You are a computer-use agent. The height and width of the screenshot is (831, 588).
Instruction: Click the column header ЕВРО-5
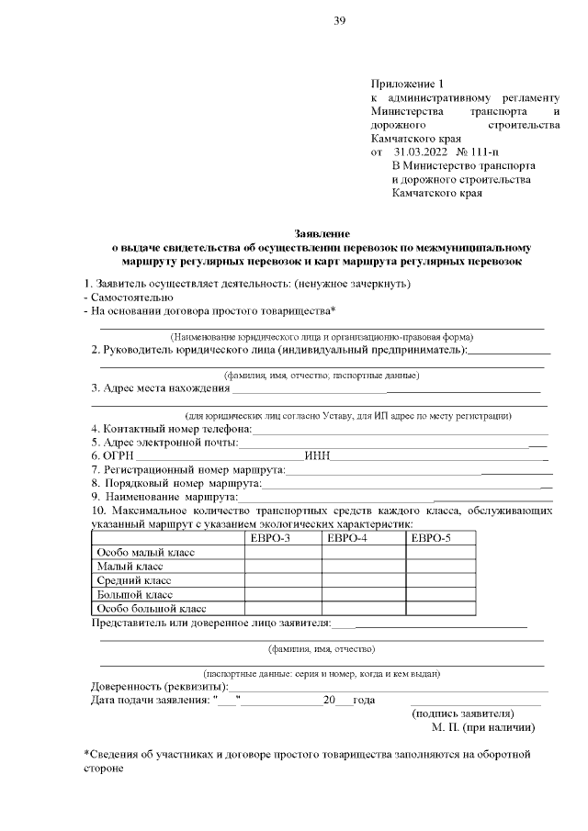431,537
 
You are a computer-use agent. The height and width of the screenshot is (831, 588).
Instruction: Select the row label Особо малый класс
144,552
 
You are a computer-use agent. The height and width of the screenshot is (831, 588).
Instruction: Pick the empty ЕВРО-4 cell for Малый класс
362,567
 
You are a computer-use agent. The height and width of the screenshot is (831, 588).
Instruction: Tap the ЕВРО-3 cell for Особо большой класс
282,608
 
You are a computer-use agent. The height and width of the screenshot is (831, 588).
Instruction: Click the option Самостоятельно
131,298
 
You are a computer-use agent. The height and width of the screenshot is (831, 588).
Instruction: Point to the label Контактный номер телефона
171,429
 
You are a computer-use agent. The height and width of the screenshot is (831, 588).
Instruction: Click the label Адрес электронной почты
164,443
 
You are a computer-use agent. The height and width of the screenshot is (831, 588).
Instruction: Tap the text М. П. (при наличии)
483,727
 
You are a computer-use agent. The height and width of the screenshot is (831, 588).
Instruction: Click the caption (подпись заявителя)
463,713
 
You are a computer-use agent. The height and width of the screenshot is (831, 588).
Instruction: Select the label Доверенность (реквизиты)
158,686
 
